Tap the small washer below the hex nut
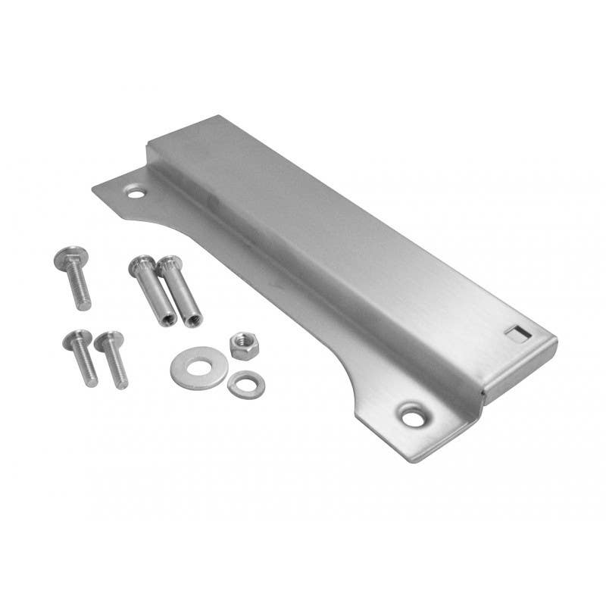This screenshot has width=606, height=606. pyautogui.click(x=245, y=385)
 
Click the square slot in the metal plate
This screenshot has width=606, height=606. pyautogui.click(x=515, y=332)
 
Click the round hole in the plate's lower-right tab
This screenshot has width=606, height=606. pyautogui.click(x=414, y=415)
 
